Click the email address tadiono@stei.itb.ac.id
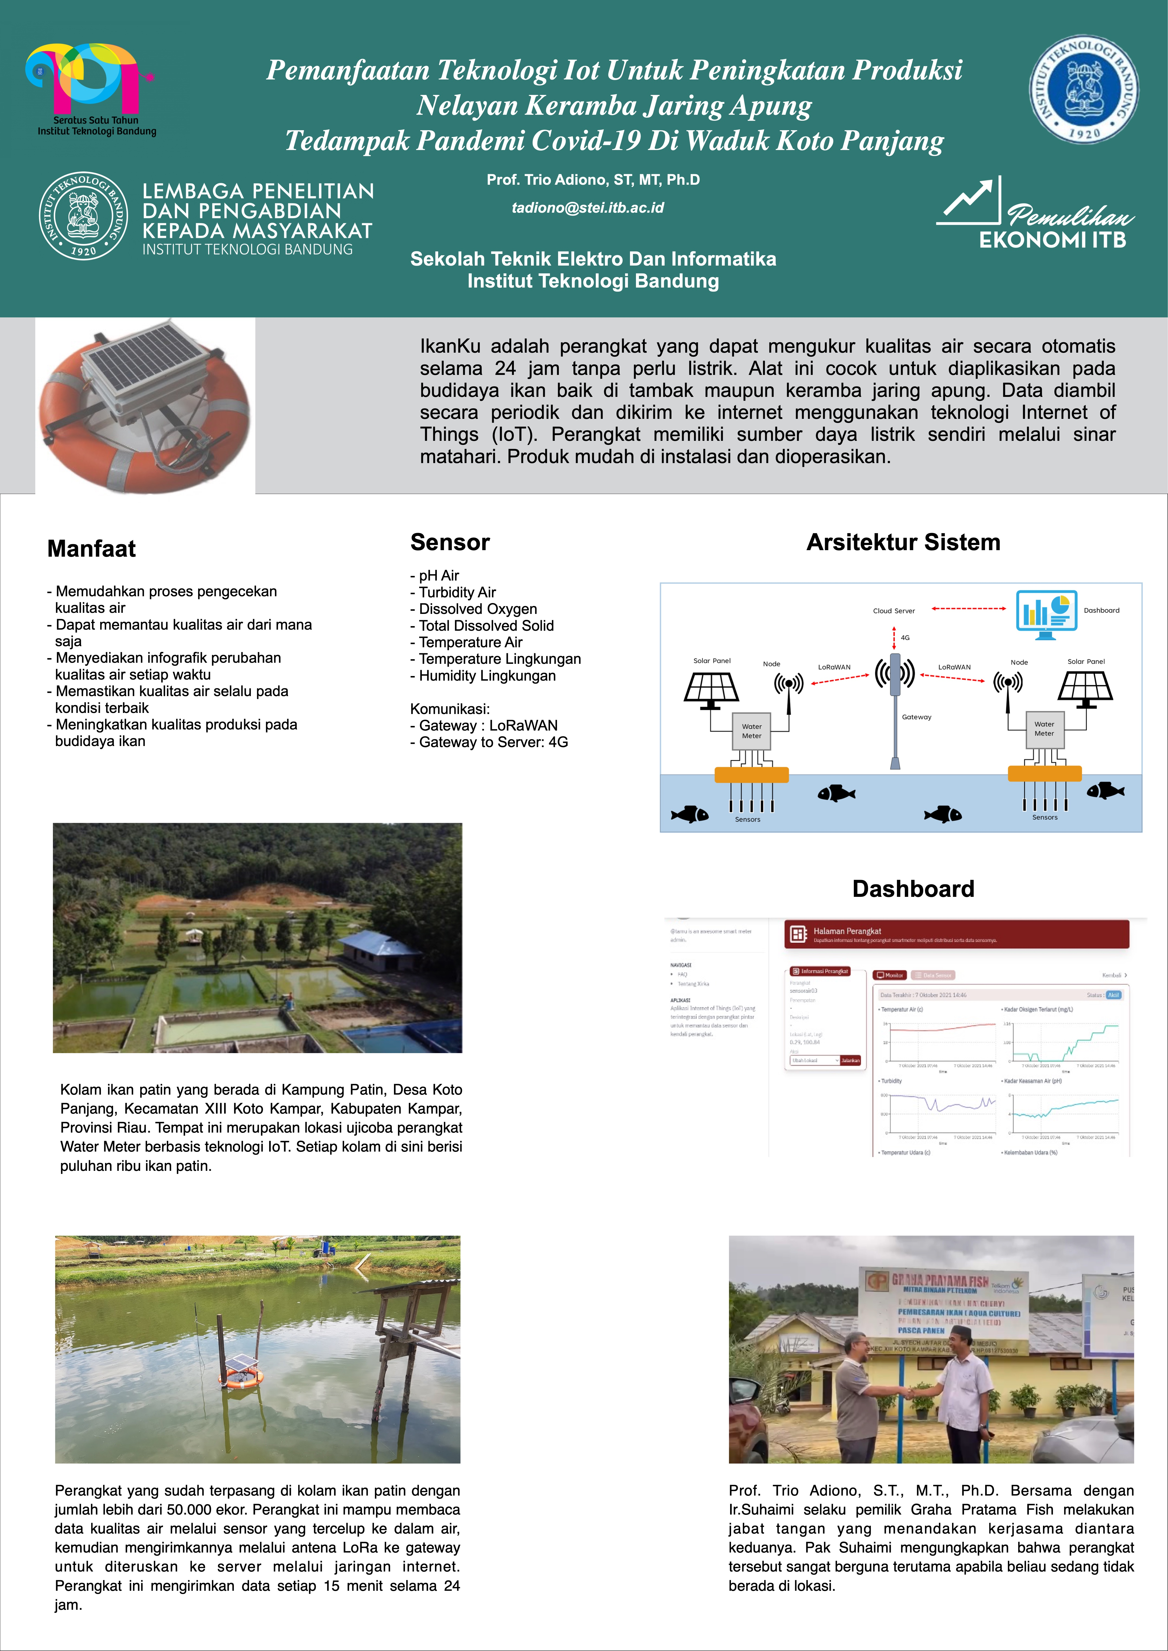(588, 208)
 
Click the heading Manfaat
(91, 549)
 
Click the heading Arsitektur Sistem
(903, 542)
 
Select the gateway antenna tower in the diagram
(895, 708)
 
